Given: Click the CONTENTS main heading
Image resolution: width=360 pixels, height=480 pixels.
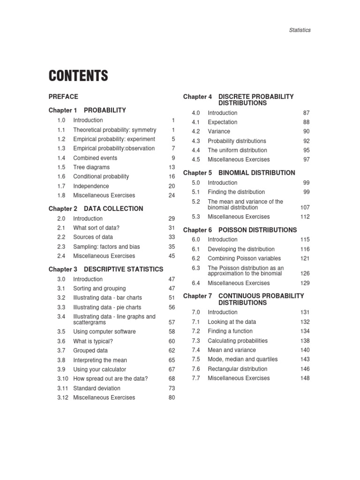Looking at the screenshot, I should coord(78,75).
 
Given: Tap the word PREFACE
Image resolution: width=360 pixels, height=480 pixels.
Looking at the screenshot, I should coord(63,97).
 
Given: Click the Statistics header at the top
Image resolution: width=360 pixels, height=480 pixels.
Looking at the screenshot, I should coord(300,30).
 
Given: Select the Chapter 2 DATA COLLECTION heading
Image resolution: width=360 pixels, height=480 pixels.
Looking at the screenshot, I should coord(96,209).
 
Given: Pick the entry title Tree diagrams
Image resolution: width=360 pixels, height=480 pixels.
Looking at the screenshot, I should coord(91,167).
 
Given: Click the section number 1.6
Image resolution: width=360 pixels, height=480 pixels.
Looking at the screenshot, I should coord(61,177).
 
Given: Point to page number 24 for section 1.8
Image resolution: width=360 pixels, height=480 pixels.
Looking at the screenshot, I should coord(172,195).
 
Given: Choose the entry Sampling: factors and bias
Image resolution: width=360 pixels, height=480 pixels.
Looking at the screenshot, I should coord(106,247).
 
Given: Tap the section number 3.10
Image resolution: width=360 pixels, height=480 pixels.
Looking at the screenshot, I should coord(63,379).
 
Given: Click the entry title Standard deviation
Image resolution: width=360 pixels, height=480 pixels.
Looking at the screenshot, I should coord(97,388).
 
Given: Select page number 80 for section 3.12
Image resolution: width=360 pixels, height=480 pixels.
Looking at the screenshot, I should coord(172,397).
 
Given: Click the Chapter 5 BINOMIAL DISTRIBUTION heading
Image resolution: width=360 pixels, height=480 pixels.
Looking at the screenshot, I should coord(239,173).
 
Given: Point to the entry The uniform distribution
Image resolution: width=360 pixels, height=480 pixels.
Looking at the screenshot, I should coord(237,150).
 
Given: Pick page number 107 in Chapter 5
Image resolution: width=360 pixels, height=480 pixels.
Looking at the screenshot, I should coord(305,207).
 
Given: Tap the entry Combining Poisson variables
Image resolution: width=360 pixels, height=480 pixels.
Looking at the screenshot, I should coord(244,258).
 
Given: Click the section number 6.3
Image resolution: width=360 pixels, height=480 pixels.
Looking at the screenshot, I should coord(196,268).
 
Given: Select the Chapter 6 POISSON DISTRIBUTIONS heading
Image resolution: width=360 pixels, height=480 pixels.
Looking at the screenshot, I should coord(240,230).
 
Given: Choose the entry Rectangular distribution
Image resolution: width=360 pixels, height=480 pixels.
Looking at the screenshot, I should coord(238,369).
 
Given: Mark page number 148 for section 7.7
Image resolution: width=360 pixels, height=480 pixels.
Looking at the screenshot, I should coord(305,378).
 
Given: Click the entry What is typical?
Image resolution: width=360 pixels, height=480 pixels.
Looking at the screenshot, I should coord(93,341).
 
